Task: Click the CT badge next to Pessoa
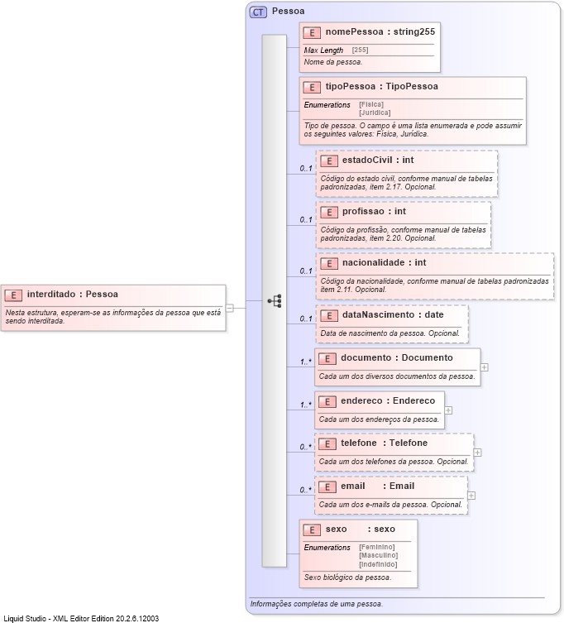click(258, 12)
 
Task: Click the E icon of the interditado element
click(13, 295)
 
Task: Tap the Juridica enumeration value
click(375, 113)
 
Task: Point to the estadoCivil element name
click(366, 160)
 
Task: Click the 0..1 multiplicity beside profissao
click(306, 220)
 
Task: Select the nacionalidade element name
click(372, 262)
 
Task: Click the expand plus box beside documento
click(484, 367)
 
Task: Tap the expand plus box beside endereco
click(448, 410)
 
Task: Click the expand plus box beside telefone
click(478, 453)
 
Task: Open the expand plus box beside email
click(471, 496)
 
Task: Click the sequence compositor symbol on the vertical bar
click(275, 301)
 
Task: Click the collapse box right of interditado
click(230, 308)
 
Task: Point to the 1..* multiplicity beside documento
click(306, 362)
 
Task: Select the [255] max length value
click(361, 50)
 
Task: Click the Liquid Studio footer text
click(81, 618)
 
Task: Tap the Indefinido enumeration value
click(378, 564)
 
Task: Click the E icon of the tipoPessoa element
click(312, 87)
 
